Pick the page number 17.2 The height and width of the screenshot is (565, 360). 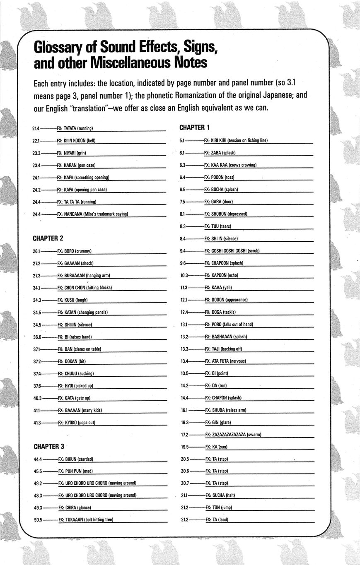(x=184, y=435)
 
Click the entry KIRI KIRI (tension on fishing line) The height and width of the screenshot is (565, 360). (x=239, y=140)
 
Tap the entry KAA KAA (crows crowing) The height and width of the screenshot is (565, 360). (x=234, y=165)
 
